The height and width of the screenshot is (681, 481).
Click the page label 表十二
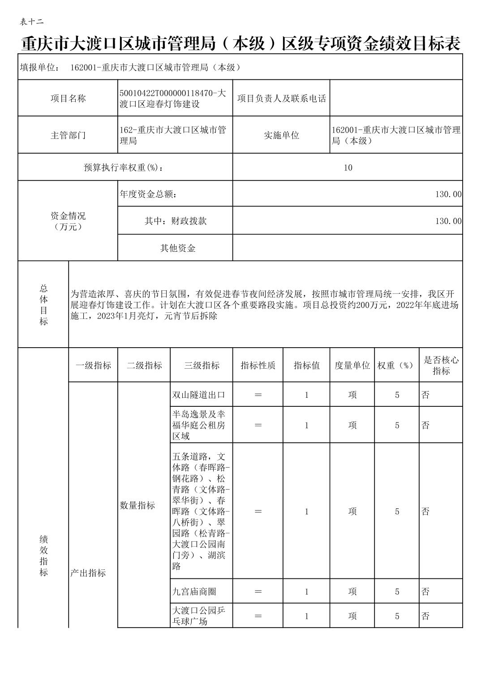click(x=32, y=22)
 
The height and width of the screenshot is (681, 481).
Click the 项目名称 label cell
click(x=68, y=99)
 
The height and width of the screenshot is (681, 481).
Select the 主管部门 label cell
click(x=68, y=135)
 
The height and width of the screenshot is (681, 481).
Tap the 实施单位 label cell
click(x=281, y=135)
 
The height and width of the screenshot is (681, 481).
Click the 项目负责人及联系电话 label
click(x=281, y=99)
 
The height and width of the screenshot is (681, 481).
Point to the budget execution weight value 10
click(x=348, y=168)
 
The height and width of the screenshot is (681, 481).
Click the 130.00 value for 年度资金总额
click(x=448, y=194)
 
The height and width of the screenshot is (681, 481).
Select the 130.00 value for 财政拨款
click(x=448, y=221)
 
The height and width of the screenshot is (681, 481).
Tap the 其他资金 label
click(x=178, y=248)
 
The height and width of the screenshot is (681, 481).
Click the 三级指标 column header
click(x=202, y=366)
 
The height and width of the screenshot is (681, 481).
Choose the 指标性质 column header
click(x=258, y=366)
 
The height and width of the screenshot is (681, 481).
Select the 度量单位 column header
click(x=352, y=366)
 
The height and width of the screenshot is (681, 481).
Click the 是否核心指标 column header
click(x=441, y=366)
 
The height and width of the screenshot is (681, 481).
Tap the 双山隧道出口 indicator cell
click(x=199, y=395)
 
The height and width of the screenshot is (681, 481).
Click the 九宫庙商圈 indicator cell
click(x=194, y=592)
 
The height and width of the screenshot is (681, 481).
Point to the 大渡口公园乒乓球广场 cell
click(x=199, y=616)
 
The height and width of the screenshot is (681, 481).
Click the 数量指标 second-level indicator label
click(x=137, y=505)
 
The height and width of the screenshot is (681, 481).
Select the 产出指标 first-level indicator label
click(x=88, y=573)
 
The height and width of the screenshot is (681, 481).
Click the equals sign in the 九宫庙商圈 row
click(x=258, y=592)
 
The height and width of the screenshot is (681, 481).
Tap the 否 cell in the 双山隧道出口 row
click(x=426, y=395)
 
